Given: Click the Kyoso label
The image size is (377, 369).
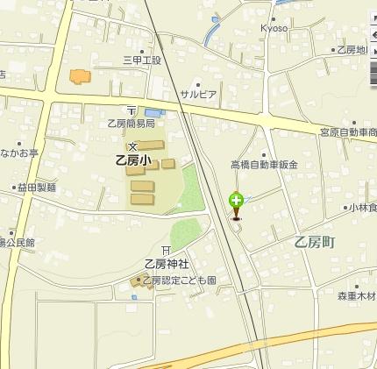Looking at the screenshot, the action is [x=274, y=27].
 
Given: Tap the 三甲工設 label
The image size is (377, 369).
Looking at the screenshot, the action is [x=142, y=60].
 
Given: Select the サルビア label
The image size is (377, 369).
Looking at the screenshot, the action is [x=198, y=94].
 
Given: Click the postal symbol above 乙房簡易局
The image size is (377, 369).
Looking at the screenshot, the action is [x=132, y=110].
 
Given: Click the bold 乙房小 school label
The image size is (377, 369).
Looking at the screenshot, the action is [x=133, y=160].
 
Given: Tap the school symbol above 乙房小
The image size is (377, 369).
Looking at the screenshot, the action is [x=134, y=145].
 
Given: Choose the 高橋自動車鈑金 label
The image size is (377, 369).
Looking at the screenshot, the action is [x=264, y=164].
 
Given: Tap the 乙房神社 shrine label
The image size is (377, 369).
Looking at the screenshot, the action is [x=167, y=264].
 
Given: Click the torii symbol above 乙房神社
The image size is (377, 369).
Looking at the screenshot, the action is [x=166, y=252].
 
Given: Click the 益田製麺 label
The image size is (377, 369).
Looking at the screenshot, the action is [x=36, y=187].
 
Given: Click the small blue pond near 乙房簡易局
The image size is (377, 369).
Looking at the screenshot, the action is [x=153, y=113].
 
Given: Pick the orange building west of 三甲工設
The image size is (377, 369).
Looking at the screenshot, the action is [x=80, y=76].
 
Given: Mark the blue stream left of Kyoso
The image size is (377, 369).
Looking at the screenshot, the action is [x=210, y=33].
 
